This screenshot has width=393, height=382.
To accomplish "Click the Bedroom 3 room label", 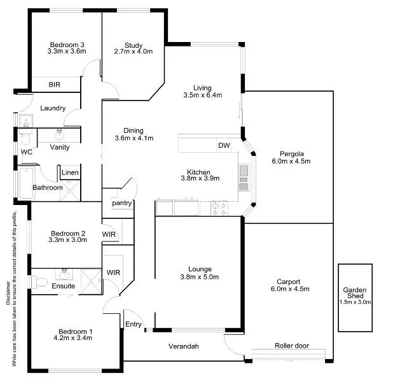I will [66, 45].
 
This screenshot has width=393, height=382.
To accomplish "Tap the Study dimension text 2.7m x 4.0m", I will [133, 52].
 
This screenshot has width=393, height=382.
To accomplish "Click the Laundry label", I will [53, 108].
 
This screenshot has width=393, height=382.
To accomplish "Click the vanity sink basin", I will [60, 134].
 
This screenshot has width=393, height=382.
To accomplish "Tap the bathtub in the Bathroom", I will [25, 181].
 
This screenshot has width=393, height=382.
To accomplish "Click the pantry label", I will [121, 203].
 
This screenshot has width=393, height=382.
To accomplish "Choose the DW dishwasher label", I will [224, 146].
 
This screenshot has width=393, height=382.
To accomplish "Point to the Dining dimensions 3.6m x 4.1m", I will [134, 138].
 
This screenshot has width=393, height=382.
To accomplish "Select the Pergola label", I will [291, 153].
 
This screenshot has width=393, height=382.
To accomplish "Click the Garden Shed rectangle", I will [355, 297].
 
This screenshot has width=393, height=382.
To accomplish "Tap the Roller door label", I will [291, 346].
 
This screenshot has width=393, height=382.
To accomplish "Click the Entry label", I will [134, 324].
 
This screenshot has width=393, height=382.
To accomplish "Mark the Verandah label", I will [184, 346].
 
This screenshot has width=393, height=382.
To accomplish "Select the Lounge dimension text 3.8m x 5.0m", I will [199, 277].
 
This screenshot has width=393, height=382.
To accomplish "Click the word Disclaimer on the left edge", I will [8, 293].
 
